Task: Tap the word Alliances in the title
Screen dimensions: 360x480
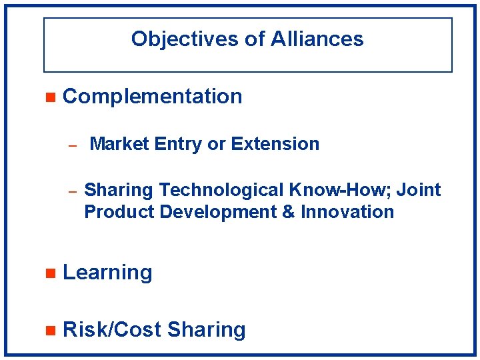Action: click(317, 39)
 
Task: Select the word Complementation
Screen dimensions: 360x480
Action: click(152, 96)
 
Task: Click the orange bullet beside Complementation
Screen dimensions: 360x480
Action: click(48, 97)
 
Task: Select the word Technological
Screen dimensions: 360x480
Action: click(221, 190)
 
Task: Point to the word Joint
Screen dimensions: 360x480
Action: click(419, 190)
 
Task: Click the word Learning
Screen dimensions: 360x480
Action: click(107, 272)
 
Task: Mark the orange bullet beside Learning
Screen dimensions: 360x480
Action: click(48, 273)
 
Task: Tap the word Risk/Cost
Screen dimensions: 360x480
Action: click(112, 329)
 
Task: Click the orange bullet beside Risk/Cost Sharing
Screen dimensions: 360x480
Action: click(48, 330)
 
